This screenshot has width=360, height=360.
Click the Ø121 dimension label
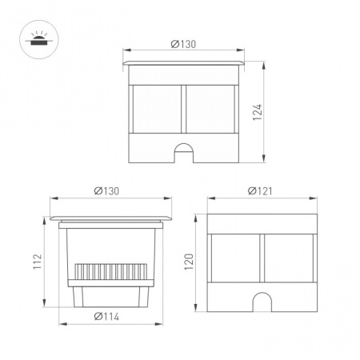click(x=260, y=191)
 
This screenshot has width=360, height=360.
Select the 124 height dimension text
click(x=258, y=112)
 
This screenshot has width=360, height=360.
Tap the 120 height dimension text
click(x=189, y=262)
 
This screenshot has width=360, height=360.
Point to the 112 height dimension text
click(x=38, y=262)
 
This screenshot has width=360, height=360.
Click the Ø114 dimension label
click(x=106, y=317)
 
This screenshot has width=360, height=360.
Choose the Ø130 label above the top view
click(x=183, y=44)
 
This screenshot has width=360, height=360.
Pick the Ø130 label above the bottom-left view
click(x=106, y=191)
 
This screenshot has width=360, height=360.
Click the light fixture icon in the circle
click(x=37, y=40)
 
